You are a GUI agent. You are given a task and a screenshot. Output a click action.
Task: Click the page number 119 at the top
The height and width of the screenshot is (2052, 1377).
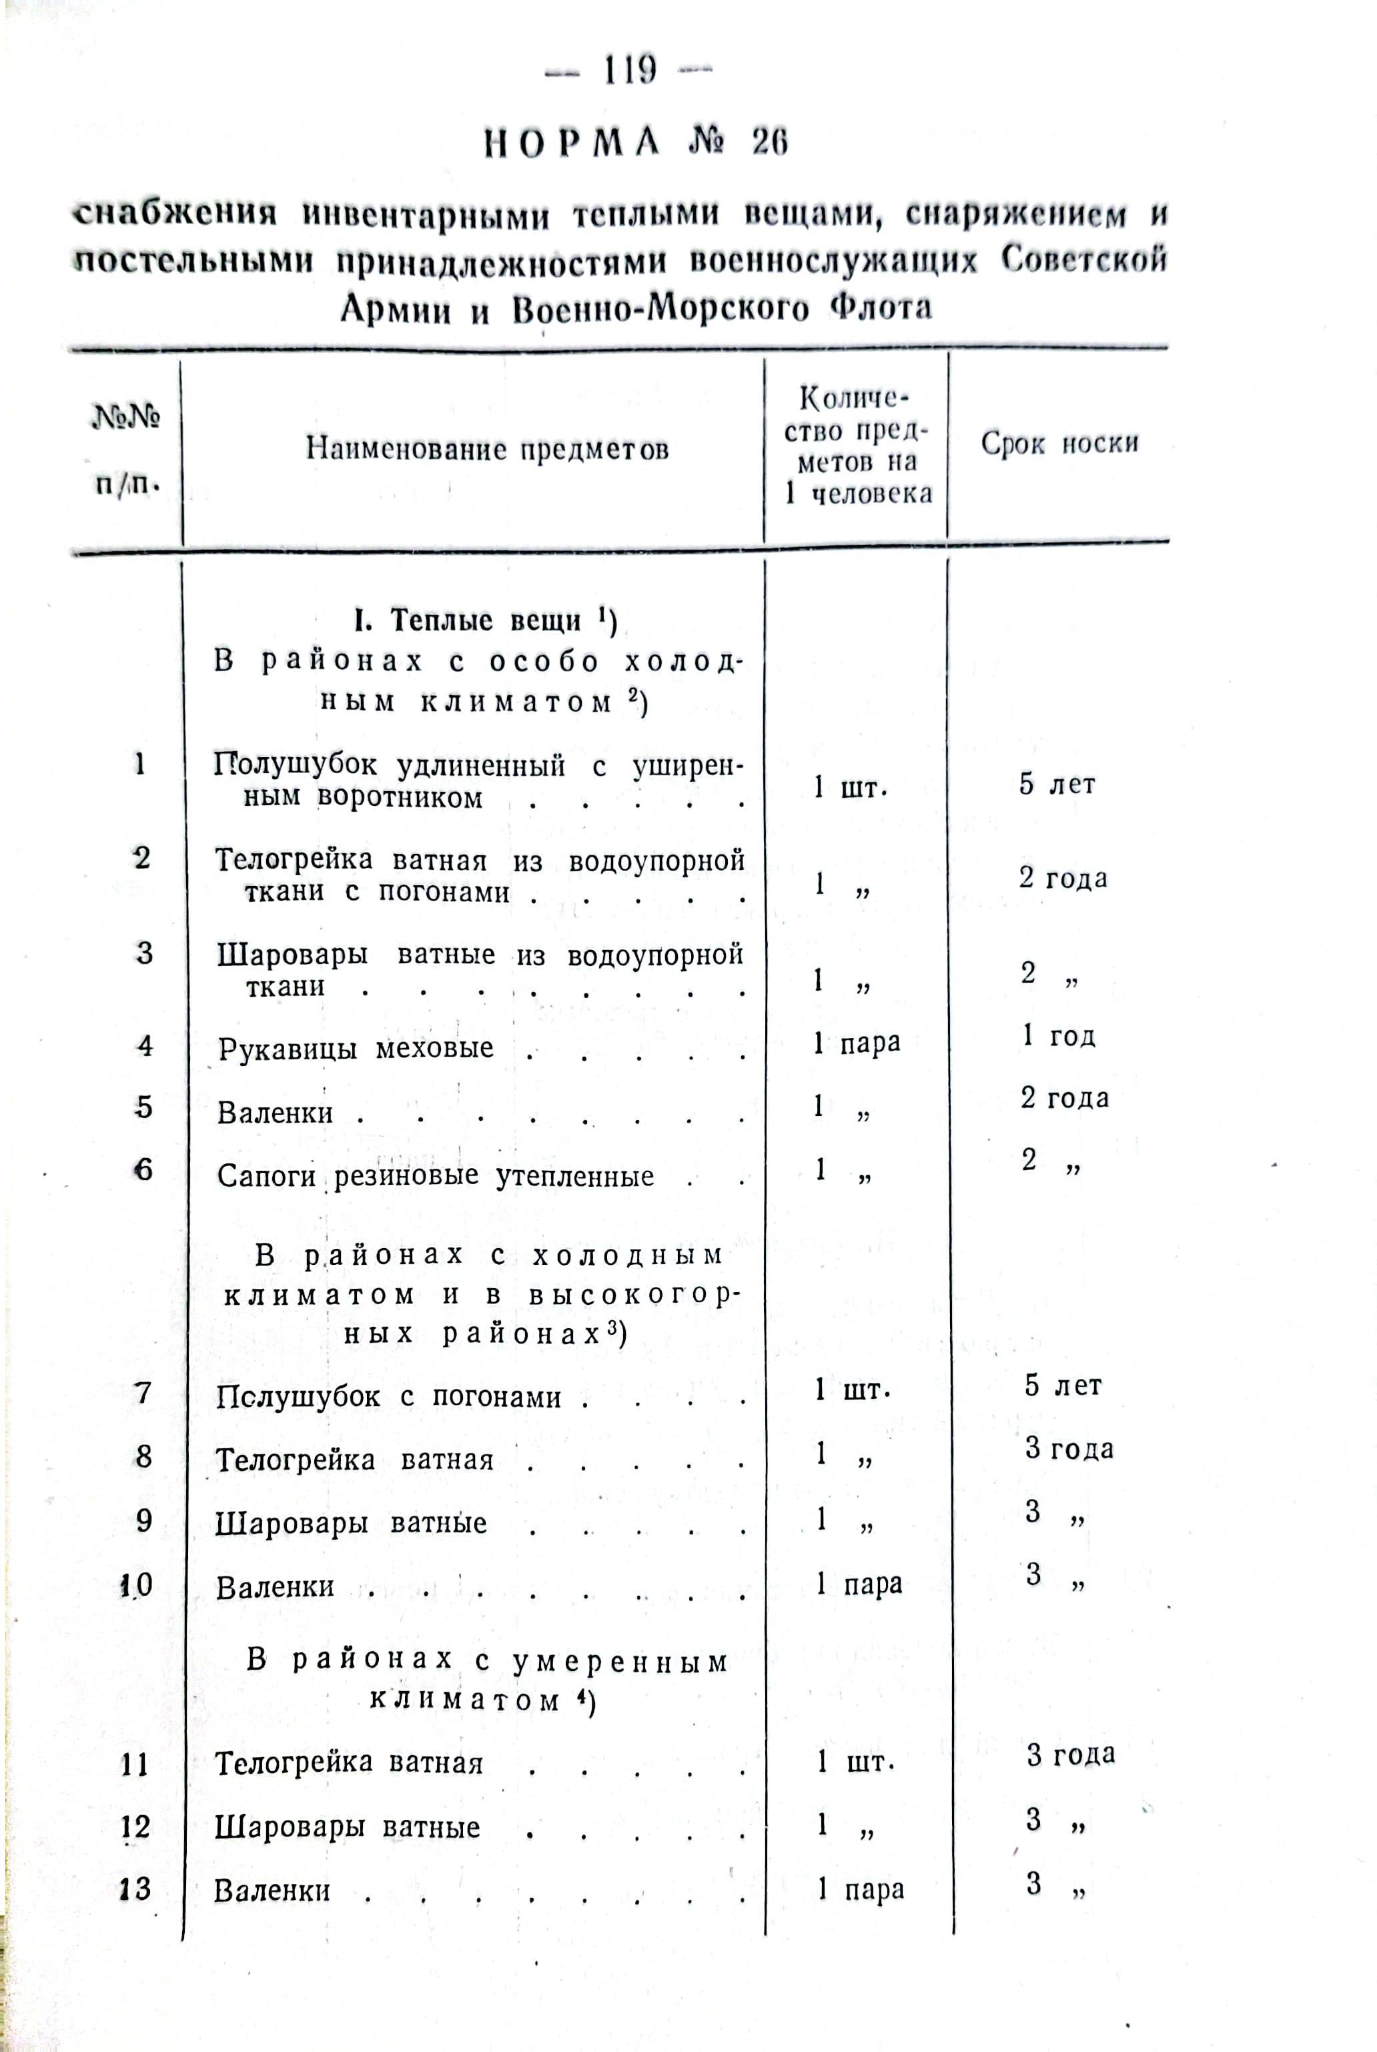click(x=628, y=70)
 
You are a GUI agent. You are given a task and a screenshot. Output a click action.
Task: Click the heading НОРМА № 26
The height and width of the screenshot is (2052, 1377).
click(x=636, y=141)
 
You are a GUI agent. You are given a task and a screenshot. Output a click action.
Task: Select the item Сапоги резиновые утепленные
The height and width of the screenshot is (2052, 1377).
click(x=436, y=1175)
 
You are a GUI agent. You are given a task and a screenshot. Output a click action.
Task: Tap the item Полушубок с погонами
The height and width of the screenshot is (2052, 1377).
click(x=388, y=1397)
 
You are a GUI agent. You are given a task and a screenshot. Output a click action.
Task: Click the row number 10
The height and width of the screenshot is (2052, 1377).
click(x=137, y=1585)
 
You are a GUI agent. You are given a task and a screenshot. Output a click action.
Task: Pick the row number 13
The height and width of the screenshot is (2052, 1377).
click(x=135, y=1889)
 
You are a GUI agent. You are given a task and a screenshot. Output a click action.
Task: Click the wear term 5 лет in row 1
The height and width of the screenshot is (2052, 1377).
click(x=1057, y=783)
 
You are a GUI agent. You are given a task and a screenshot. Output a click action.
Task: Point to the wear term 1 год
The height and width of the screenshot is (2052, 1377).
click(x=1058, y=1036)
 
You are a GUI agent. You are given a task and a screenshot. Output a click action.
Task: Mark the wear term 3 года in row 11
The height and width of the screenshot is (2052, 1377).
click(x=1071, y=1754)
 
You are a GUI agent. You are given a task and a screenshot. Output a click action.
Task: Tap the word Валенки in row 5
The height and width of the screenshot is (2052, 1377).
click(x=275, y=1113)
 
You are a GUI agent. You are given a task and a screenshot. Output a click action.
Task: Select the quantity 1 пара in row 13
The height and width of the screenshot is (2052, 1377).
click(x=860, y=1889)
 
